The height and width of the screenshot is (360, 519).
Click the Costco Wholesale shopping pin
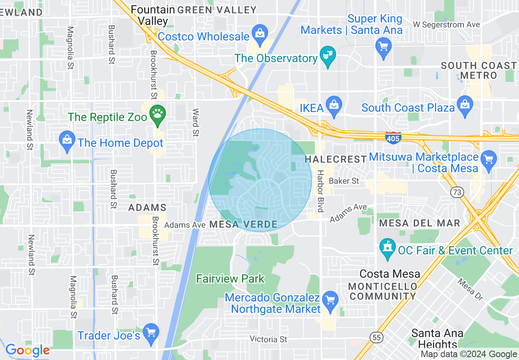259,32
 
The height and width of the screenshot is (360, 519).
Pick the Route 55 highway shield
377,336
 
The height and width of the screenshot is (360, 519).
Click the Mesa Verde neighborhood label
243,224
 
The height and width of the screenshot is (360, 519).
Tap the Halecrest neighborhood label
336,159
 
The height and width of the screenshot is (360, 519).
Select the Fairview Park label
230,279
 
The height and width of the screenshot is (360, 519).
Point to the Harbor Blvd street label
320,191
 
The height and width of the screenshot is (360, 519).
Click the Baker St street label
344,180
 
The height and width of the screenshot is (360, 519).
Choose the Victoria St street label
269,339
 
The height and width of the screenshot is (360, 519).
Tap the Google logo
27,350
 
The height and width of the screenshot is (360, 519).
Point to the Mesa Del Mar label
420,223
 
